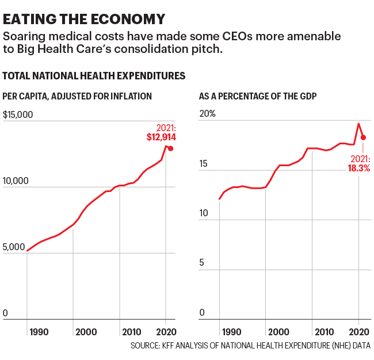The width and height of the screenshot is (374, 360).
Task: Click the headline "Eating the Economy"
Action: [83, 19]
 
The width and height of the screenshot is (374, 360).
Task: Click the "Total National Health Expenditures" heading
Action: [94, 75]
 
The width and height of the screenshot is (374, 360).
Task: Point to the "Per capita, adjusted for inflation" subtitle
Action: [77, 96]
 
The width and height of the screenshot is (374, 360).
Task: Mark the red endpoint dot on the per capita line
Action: [170, 148]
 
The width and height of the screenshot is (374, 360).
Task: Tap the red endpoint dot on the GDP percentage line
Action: [363, 137]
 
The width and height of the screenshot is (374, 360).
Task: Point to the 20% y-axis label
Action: [207, 114]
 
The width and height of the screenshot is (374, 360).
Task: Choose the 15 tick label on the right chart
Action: [204, 164]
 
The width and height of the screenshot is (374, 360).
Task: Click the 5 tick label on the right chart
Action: [202, 263]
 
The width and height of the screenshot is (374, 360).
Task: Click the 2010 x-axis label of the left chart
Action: [132, 332]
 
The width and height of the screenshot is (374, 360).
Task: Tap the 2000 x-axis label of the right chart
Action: [278, 332]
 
